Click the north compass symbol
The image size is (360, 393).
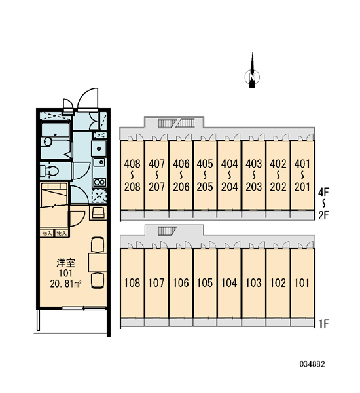[252, 73]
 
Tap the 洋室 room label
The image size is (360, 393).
[65, 263]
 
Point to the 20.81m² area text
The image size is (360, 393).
[65, 284]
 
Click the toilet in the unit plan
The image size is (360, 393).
[50, 171]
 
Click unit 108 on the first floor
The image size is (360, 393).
[132, 283]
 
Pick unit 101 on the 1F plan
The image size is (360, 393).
[302, 283]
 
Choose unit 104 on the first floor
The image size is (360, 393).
[229, 283]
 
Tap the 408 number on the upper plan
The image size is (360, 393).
[132, 164]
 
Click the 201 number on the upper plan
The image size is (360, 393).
[302, 187]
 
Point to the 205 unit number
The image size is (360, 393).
[205, 187]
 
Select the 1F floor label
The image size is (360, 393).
[324, 324]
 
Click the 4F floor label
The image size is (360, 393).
[324, 193]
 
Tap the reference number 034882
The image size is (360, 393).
[312, 364]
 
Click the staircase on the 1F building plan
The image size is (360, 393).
[167, 231]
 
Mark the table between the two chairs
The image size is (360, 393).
[98, 263]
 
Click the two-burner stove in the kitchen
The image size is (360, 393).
[99, 182]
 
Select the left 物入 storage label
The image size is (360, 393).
[47, 233]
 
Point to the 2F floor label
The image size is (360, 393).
[324, 215]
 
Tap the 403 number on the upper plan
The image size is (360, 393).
[253, 164]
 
